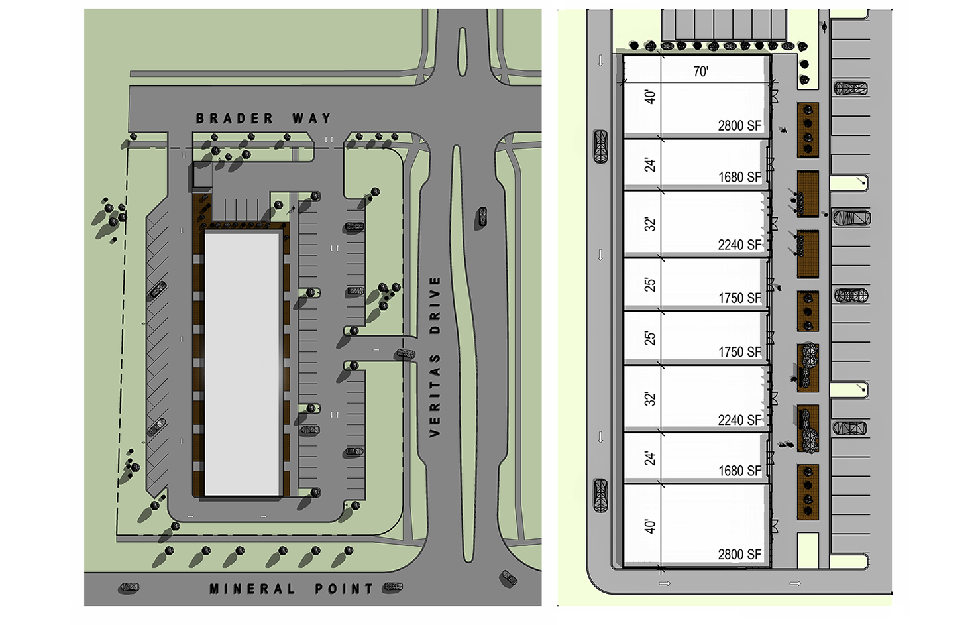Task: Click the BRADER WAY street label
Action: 263,118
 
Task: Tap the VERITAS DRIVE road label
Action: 435,357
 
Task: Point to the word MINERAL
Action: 252,589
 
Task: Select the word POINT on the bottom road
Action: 344,589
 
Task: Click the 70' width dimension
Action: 701,72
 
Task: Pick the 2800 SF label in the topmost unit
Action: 739,126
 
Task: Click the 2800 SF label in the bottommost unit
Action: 739,555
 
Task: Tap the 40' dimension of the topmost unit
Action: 651,97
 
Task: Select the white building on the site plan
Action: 243,364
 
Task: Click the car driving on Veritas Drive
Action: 482,217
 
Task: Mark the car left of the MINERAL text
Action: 129,588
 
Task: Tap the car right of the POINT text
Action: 393,587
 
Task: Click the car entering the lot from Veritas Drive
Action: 406,354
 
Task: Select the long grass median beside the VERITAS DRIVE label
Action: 463,354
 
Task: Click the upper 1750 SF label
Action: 739,298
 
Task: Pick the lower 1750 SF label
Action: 739,352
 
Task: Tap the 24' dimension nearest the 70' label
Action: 651,166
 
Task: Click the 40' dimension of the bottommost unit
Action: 651,526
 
